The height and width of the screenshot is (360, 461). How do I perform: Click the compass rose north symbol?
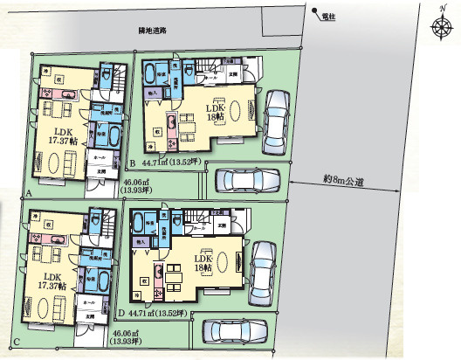[439, 25]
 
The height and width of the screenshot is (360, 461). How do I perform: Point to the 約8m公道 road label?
[343, 180]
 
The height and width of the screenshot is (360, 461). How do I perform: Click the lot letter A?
[30, 191]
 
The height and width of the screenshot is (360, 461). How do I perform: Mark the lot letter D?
[120, 311]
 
